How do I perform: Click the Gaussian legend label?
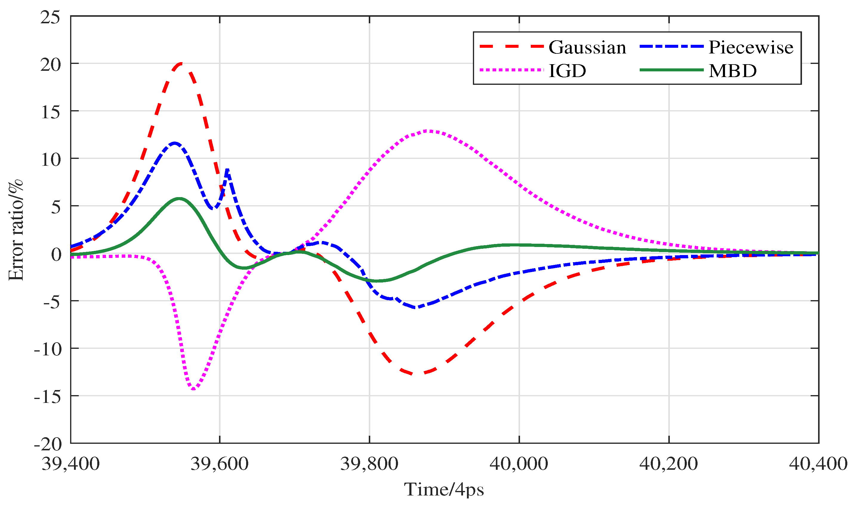point(587,47)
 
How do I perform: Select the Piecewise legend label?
point(751,47)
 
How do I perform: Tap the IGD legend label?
point(567,71)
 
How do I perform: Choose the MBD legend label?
point(733,71)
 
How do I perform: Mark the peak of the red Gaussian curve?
point(181,63)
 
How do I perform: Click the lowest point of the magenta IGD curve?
point(194,389)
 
